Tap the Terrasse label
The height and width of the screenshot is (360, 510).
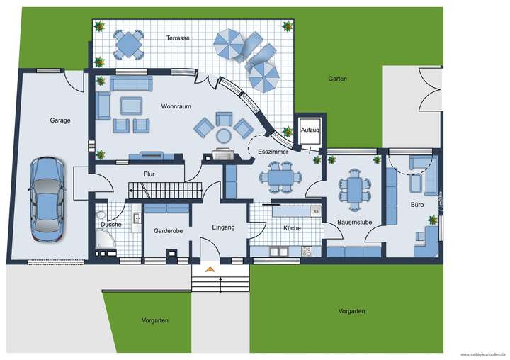(178, 38)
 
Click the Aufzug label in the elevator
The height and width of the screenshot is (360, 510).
(310, 130)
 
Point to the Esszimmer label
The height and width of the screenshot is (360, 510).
(273, 152)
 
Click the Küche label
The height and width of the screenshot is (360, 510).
(292, 228)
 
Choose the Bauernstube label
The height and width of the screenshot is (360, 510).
(355, 223)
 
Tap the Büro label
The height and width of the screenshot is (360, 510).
(416, 205)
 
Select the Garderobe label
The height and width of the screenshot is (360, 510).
(168, 231)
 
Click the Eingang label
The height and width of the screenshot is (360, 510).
(223, 227)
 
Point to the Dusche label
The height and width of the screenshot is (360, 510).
(110, 225)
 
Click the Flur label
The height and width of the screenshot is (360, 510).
(149, 173)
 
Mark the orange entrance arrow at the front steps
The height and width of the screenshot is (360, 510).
(210, 269)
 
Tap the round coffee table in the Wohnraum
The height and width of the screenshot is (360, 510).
(224, 135)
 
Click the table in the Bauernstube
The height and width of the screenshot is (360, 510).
(355, 189)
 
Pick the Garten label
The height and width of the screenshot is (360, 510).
(337, 79)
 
